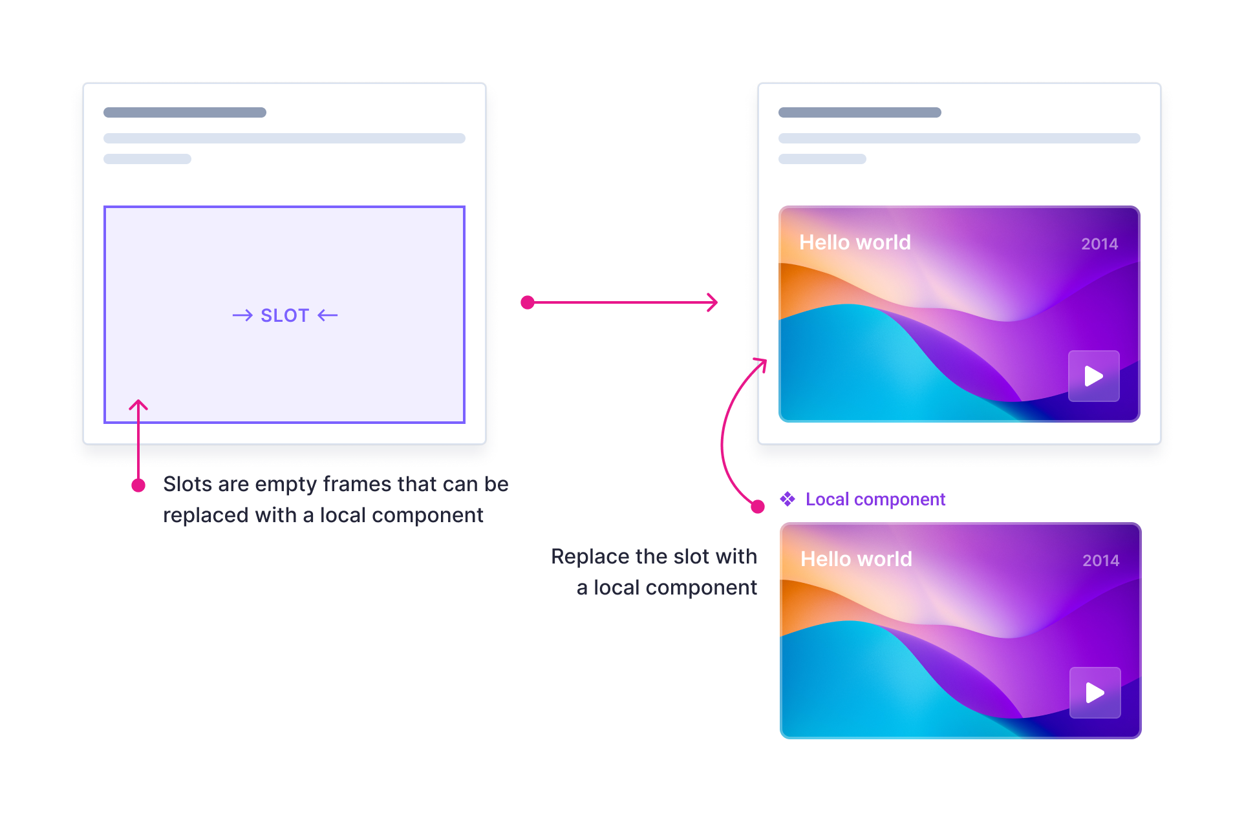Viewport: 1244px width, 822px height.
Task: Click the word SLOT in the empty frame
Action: coord(285,315)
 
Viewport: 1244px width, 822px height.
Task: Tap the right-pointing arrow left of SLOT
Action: coord(242,315)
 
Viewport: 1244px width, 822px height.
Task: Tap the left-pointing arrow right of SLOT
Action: coord(328,315)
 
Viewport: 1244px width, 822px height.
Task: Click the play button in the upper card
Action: coord(1093,376)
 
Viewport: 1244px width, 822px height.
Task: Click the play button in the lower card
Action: coord(1095,693)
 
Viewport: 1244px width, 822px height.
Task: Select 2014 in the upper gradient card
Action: coord(1099,244)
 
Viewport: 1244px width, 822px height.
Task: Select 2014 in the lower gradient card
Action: coord(1100,560)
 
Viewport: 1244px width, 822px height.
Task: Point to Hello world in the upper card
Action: coord(855,242)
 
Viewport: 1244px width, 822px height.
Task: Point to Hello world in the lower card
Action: coord(856,559)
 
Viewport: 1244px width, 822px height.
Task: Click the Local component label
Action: coord(875,500)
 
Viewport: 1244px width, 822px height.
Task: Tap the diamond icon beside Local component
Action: coord(788,499)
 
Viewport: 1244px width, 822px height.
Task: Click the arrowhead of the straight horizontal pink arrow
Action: coord(713,302)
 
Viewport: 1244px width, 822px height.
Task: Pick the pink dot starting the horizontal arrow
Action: coord(528,302)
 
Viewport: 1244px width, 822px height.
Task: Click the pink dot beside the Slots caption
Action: coord(138,485)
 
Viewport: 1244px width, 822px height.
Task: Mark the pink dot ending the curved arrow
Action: coord(758,507)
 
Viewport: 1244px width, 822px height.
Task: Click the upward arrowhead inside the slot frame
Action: coord(138,405)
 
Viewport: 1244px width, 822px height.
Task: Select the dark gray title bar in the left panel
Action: coord(185,112)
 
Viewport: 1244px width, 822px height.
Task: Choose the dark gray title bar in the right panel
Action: coord(860,112)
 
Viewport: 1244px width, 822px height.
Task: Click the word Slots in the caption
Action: coord(188,484)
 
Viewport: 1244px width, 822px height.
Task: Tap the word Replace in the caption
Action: coord(590,556)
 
